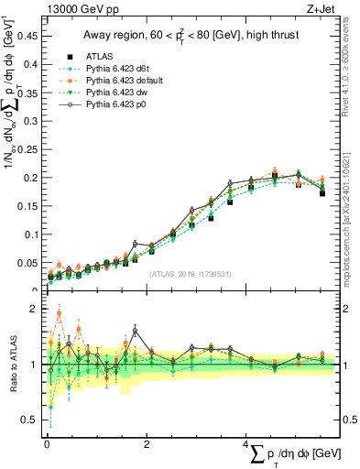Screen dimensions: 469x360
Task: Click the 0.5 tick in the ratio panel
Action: coord(32,420)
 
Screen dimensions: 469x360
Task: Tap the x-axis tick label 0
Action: coord(46,443)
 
